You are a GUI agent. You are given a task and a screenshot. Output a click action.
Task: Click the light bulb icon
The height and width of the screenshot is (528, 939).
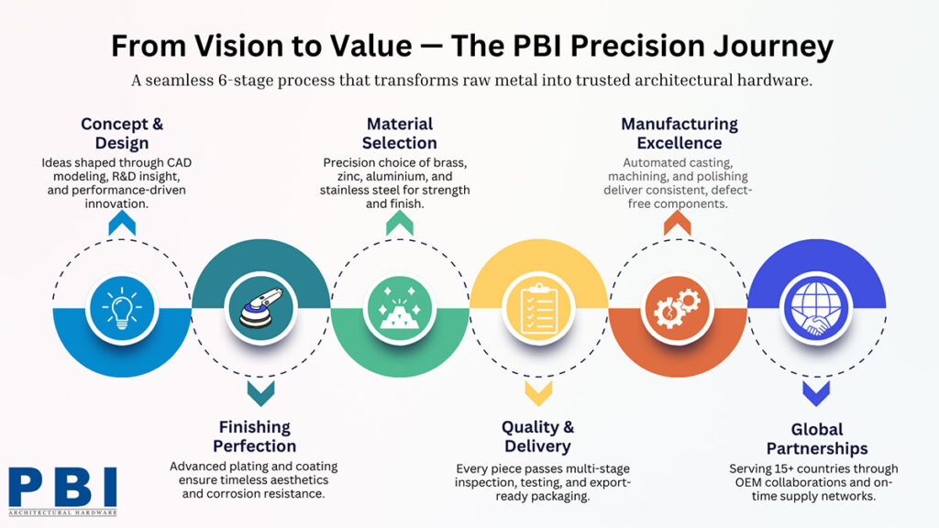pyautogui.click(x=121, y=308)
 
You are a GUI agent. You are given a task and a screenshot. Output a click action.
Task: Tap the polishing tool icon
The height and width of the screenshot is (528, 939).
pyautogui.click(x=260, y=308)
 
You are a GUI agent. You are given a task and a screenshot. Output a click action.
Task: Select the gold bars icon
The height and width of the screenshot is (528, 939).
pyautogui.click(x=399, y=308)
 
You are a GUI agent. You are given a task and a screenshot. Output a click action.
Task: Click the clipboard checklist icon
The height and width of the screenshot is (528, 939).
pyautogui.click(x=537, y=308)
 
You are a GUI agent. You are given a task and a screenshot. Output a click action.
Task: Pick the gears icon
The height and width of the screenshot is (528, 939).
pyautogui.click(x=677, y=308)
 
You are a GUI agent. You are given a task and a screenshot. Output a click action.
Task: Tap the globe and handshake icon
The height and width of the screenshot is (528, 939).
pyautogui.click(x=815, y=308)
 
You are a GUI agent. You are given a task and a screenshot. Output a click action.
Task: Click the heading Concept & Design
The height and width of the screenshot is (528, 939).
pyautogui.click(x=121, y=134)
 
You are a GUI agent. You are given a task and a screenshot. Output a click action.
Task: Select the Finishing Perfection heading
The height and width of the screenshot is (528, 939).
pyautogui.click(x=255, y=436)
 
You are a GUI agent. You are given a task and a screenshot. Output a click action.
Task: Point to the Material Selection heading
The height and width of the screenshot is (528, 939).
pyautogui.click(x=399, y=134)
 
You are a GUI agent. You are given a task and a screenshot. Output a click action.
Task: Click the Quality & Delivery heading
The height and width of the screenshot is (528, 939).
pyautogui.click(x=537, y=436)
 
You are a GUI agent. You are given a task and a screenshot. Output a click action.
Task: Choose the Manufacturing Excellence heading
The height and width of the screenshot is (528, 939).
pyautogui.click(x=679, y=134)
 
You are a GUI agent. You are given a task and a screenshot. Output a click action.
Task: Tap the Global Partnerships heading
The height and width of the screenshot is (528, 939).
pyautogui.click(x=816, y=439)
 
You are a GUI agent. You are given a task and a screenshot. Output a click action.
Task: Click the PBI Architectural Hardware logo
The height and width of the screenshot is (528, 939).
pyautogui.click(x=62, y=490)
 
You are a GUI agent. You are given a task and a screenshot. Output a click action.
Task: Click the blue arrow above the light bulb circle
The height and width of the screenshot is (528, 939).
pyautogui.click(x=121, y=223)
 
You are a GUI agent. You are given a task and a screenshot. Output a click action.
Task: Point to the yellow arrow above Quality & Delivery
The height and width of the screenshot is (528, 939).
pyautogui.click(x=537, y=394)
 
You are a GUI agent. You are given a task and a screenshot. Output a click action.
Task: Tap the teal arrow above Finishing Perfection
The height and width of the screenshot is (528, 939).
pyautogui.click(x=260, y=394)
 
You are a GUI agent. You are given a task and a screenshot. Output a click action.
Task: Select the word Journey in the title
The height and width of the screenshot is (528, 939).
pyautogui.click(x=771, y=46)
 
